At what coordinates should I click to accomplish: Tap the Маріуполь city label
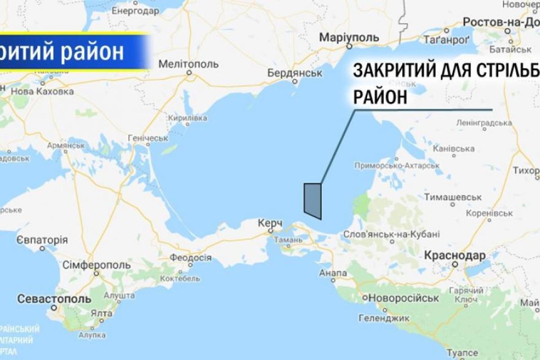coord(349,37)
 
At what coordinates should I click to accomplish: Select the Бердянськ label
coord(296,72)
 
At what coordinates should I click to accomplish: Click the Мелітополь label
coord(189,63)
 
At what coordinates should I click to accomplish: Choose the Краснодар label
coord(455,256)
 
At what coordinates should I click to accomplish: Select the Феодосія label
coord(191,257)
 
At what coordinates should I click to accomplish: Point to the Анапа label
coord(333,273)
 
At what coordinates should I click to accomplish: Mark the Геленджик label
coord(383,318)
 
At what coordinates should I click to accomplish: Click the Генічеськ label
coord(148,138)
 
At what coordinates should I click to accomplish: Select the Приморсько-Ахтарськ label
coord(396,165)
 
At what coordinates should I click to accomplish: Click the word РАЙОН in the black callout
coord(380,96)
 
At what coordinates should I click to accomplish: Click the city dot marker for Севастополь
coord(54,308)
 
